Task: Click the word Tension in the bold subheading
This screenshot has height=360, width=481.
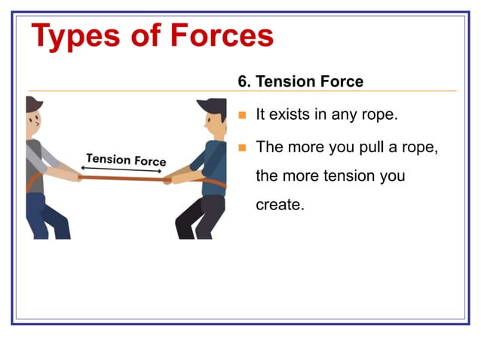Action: [283, 81]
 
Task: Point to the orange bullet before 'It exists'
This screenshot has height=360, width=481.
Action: [242, 116]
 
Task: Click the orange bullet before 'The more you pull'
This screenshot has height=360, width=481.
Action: [242, 147]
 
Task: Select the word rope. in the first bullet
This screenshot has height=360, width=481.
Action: [378, 116]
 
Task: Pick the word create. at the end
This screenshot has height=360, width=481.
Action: [280, 204]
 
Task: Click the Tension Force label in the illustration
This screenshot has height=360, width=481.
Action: [126, 160]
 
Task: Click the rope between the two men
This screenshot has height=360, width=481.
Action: [121, 178]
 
